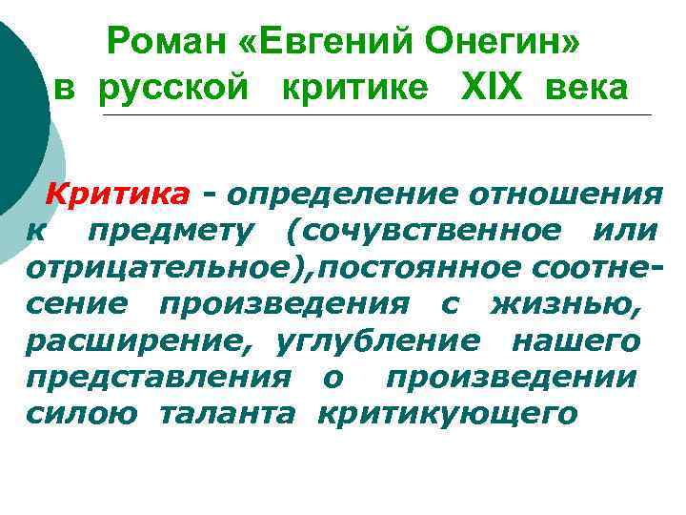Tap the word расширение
tap(142, 340)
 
